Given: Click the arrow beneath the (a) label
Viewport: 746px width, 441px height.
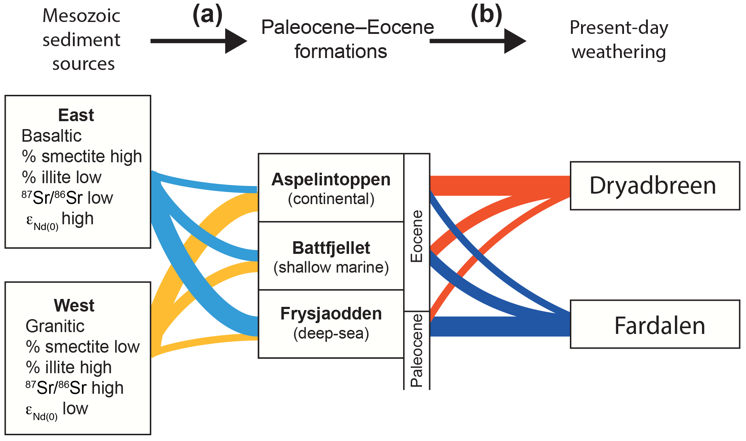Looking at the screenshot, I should [199, 41].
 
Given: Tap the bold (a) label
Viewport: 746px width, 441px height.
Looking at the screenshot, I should [208, 16].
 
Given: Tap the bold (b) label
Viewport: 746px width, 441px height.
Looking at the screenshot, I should [486, 16].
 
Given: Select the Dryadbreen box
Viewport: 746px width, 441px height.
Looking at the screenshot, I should [655, 186].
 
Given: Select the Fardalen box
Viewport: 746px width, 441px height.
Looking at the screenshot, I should [655, 325].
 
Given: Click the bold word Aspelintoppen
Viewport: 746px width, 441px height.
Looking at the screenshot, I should [331, 180].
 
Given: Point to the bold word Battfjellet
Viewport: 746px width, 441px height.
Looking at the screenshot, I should [331, 248].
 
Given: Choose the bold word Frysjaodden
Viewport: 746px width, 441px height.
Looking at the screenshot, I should [331, 314].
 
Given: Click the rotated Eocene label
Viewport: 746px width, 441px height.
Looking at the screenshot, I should [417, 236].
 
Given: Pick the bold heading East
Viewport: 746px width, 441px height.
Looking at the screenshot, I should [76, 115].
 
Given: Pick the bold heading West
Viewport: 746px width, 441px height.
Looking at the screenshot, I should [74, 305].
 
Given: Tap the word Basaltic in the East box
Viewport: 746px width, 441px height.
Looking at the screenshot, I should [52, 136].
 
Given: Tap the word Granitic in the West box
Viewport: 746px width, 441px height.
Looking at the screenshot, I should [55, 326].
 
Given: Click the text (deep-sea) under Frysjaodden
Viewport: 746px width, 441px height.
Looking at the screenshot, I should [331, 334].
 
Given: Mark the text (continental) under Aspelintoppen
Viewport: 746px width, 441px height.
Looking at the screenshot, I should [331, 199].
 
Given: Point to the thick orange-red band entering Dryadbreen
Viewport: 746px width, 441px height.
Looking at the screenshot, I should [498, 186].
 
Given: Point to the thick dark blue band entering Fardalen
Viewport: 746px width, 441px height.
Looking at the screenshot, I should [498, 326].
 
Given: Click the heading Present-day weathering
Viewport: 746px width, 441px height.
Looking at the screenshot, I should [619, 40].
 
